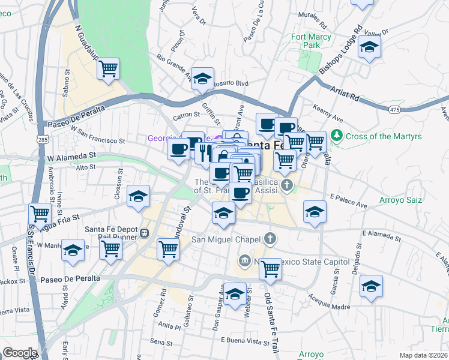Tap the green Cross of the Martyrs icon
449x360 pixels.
[x=337, y=136]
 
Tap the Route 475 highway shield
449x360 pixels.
[x=394, y=109]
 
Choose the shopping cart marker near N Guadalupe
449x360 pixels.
[x=109, y=70]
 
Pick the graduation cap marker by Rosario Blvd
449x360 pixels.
[x=203, y=78]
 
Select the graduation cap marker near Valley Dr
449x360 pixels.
[x=369, y=47]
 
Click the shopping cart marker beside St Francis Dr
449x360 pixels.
[x=40, y=213]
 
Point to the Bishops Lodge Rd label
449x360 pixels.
[x=340, y=50]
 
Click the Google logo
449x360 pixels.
[x=19, y=353]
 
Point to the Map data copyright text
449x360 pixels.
[x=423, y=355]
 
